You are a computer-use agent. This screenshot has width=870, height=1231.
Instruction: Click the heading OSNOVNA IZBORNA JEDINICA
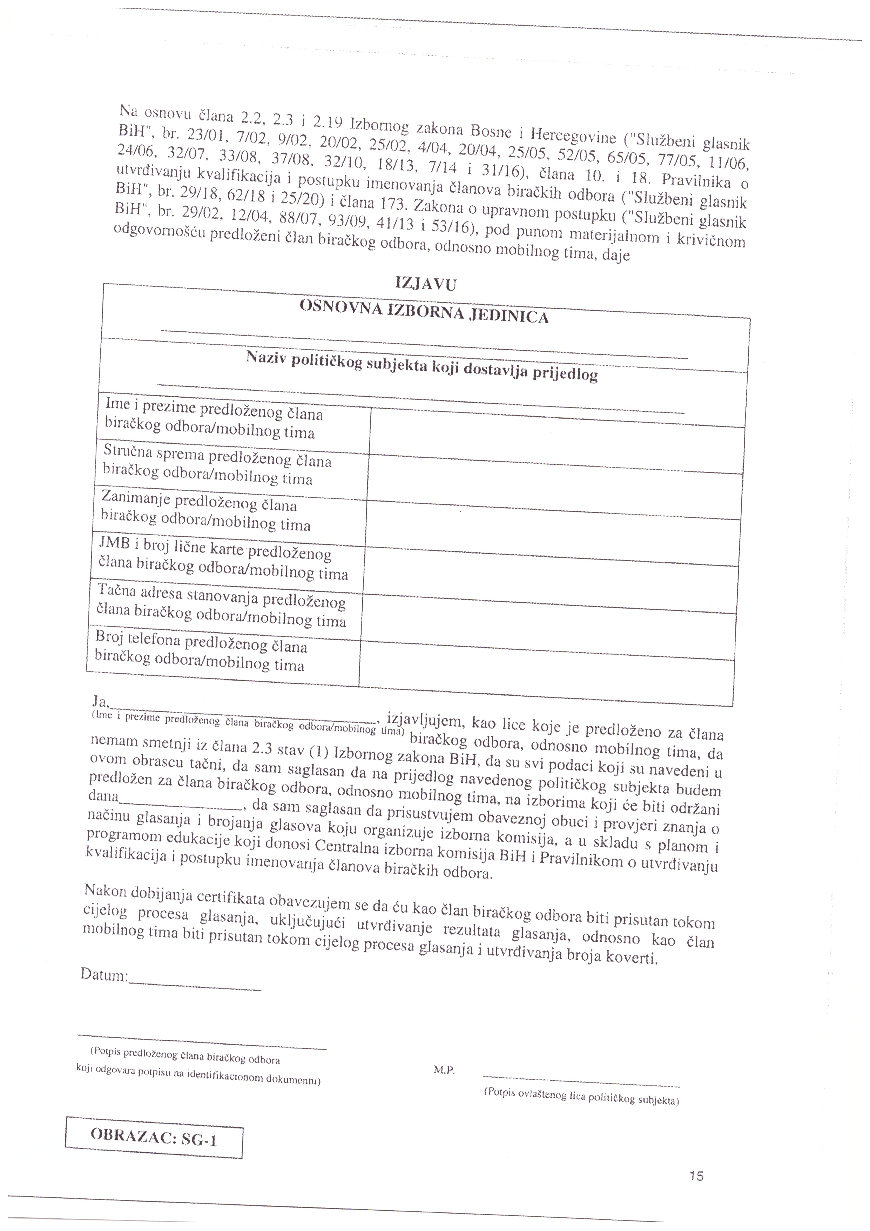424,311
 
